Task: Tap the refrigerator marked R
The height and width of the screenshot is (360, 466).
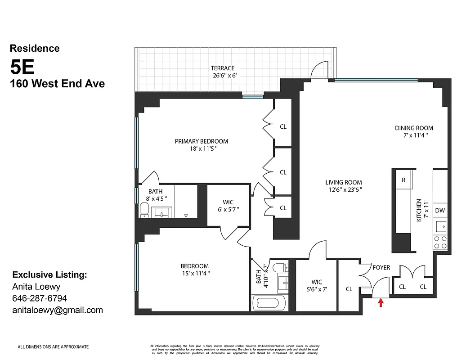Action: tap(403, 180)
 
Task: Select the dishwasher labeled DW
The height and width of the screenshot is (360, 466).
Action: tap(439, 210)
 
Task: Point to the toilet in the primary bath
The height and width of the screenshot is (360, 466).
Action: tap(144, 210)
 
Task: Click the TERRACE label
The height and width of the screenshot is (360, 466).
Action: tap(222, 68)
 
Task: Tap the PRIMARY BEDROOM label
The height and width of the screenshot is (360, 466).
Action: tap(201, 141)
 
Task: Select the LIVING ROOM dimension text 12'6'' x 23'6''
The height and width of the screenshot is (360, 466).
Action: tap(344, 189)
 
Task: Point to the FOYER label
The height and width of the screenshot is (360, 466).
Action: tap(381, 267)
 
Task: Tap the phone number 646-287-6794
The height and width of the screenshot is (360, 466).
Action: tap(40, 298)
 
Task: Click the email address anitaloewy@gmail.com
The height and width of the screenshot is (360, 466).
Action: tap(58, 310)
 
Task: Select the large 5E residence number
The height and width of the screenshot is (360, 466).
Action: tap(22, 67)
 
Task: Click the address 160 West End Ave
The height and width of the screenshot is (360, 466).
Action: tap(57, 83)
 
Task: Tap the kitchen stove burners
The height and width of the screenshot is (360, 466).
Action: tap(439, 243)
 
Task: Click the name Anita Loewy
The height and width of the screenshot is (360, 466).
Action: tap(36, 286)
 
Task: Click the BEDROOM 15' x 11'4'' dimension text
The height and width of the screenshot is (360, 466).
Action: tap(195, 273)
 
